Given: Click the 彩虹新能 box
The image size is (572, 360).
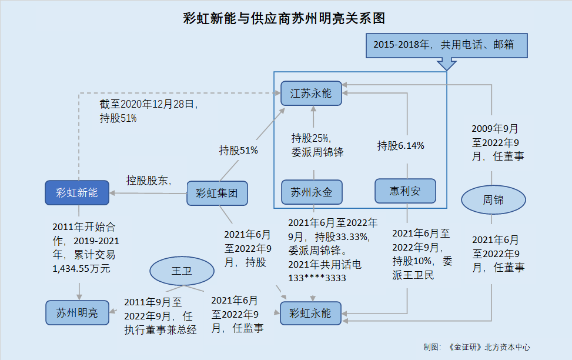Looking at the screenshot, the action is (77, 192).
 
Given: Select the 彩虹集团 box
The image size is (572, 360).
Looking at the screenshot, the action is (217, 193).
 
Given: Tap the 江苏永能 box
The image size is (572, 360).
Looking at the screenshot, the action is (311, 93).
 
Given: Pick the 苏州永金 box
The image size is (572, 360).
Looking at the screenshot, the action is (312, 192).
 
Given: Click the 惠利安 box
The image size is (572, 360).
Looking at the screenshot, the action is (405, 191).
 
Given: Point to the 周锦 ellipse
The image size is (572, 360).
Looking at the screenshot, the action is (493, 200).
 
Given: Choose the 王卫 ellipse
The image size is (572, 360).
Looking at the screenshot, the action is (182, 271).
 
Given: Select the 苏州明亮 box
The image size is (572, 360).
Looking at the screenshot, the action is (78, 312).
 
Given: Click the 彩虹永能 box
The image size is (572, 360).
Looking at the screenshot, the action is (310, 314).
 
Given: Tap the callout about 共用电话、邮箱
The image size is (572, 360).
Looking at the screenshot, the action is (447, 46).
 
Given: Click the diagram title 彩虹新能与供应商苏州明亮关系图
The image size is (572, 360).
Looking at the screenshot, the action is (284, 18).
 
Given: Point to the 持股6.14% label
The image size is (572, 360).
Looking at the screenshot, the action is (400, 146).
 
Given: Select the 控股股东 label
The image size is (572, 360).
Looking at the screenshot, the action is (147, 180).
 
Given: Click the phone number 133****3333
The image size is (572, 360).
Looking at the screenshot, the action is (317, 278).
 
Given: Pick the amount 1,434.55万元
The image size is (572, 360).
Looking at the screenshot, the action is (81, 269).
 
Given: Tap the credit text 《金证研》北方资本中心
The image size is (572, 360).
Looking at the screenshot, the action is (489, 347).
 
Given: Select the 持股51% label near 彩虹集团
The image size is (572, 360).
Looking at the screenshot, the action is (238, 150).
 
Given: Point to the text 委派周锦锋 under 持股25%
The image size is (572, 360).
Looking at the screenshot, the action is (317, 152).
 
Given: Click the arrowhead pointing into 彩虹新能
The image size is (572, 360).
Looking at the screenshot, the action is (112, 193).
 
